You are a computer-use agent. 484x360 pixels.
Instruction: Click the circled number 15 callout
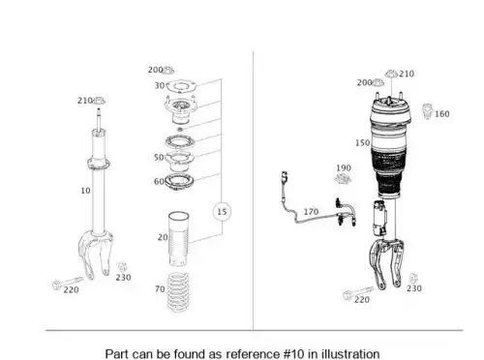point(222,212)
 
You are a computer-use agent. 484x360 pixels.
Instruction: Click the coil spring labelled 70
point(178,292)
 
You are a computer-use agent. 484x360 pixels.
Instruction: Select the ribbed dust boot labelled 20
point(178,239)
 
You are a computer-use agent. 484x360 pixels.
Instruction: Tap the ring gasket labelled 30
point(181,86)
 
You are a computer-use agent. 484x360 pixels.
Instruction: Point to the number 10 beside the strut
point(85,191)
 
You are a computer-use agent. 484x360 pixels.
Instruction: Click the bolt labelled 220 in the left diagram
point(68,283)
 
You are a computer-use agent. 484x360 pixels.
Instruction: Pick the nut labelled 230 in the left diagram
point(121,267)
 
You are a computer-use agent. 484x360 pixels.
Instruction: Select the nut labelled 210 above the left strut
point(99,101)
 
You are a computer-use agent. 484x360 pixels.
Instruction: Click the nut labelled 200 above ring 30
point(168,70)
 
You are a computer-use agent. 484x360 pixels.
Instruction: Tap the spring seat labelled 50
point(180,161)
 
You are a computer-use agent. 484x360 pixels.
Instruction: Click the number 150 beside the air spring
point(363,143)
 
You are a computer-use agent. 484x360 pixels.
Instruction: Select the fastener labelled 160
point(427,111)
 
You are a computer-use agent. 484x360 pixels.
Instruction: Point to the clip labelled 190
point(343,178)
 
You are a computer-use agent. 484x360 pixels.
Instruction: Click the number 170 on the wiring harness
point(311,212)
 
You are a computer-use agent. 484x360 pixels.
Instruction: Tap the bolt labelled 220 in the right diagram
point(358,293)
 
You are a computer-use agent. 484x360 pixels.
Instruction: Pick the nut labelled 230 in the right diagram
point(412,279)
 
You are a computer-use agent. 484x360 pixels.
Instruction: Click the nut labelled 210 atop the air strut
point(391,74)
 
